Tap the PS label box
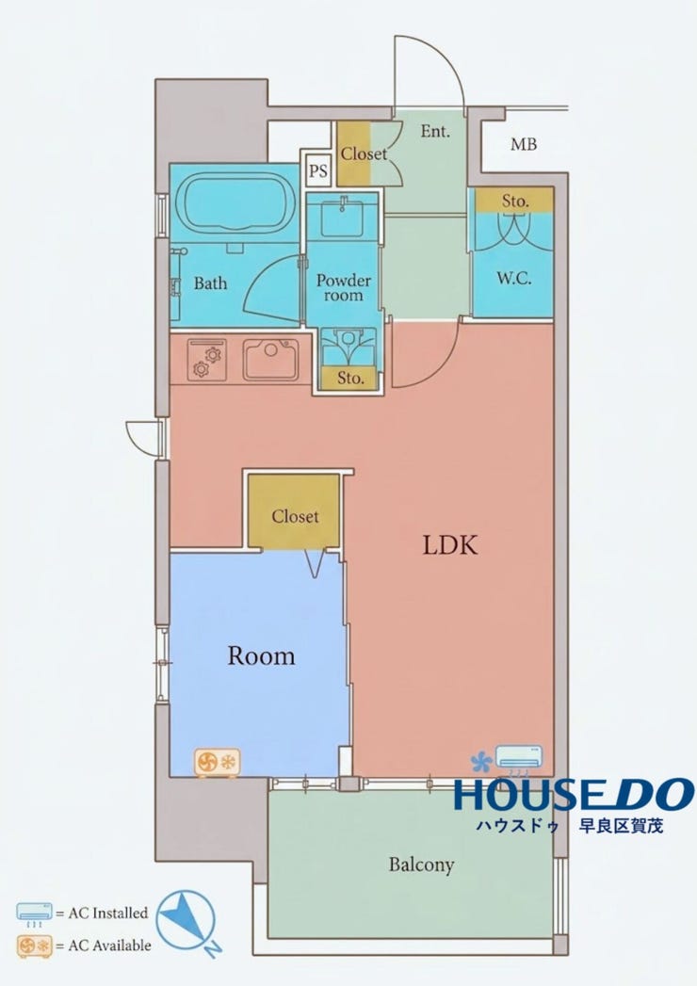click(x=318, y=170)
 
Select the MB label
click(x=524, y=145)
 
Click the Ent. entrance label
click(x=434, y=132)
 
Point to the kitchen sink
click(x=271, y=360)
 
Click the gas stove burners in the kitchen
click(x=207, y=361)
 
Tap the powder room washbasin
click(x=342, y=217)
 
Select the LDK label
click(x=450, y=544)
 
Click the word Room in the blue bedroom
click(x=261, y=655)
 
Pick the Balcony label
click(x=421, y=865)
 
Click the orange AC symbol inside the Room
click(x=217, y=763)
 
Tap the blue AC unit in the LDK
click(x=518, y=757)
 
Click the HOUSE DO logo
click(x=574, y=803)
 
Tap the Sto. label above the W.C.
click(x=515, y=202)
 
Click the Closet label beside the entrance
click(x=364, y=154)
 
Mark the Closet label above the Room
click(x=295, y=516)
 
